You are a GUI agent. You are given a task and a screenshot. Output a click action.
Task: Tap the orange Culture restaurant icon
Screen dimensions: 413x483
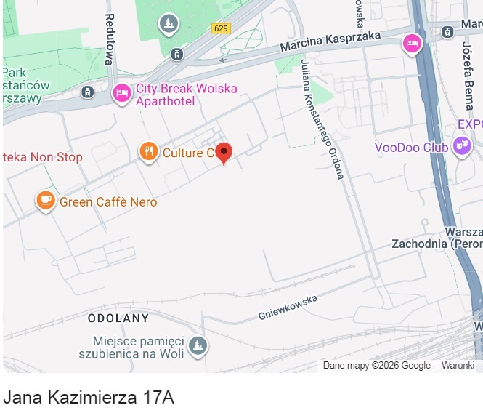pyautogui.click(x=148, y=152)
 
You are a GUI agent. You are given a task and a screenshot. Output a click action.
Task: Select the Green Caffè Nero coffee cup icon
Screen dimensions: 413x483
pyautogui.click(x=46, y=200)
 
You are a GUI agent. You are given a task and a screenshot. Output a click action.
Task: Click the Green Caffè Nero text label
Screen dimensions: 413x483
pyautogui.click(x=107, y=202)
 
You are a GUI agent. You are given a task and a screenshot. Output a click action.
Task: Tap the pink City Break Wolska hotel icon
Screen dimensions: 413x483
pyautogui.click(x=122, y=93)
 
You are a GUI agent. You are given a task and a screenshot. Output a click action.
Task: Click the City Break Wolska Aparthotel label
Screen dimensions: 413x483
pyautogui.click(x=186, y=95)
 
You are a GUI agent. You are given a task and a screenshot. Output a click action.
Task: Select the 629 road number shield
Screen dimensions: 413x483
pyautogui.click(x=222, y=28)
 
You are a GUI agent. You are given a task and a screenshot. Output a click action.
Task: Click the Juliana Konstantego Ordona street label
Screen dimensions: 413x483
pyautogui.click(x=321, y=119)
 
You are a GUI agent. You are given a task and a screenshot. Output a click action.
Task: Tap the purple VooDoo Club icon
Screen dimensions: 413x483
pyautogui.click(x=461, y=147)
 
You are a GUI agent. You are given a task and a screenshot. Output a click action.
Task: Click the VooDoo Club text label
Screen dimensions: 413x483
pyautogui.click(x=411, y=148)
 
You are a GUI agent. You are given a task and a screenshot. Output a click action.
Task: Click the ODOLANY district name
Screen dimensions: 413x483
pyautogui.click(x=118, y=318)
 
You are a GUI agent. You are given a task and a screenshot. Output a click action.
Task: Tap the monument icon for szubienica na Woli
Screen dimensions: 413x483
pyautogui.click(x=197, y=346)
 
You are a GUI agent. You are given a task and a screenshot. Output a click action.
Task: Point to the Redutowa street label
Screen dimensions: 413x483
pyautogui.click(x=110, y=39)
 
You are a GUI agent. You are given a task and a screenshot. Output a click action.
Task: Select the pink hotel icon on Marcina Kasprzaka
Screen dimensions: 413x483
pyautogui.click(x=413, y=44)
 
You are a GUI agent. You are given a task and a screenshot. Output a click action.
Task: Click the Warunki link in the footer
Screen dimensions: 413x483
pyautogui.click(x=458, y=366)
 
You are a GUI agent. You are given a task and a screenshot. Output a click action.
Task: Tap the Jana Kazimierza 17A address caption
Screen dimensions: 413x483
pyautogui.click(x=89, y=398)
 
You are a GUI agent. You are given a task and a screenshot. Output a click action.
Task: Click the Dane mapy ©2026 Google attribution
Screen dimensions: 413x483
pyautogui.click(x=376, y=366)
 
